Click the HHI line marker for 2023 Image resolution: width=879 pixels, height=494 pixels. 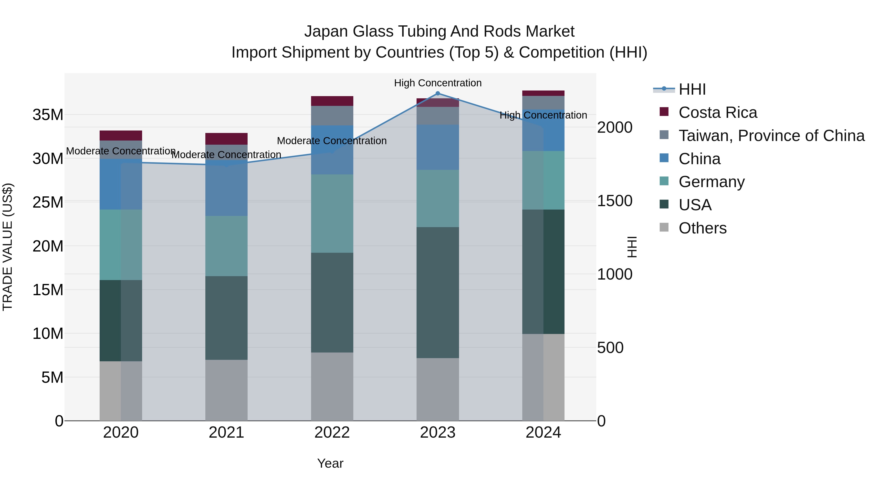coord(438,93)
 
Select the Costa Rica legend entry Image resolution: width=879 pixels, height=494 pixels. coord(718,112)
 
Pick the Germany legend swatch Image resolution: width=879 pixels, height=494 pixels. coord(664,181)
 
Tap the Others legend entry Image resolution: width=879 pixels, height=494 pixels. coord(702,228)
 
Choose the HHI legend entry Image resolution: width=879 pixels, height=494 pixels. coord(692,89)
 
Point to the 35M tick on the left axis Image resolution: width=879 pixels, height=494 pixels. coord(48,115)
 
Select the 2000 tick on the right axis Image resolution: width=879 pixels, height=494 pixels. coord(615,128)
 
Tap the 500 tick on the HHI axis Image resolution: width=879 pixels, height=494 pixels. coord(610,348)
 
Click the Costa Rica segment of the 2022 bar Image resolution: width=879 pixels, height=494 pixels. coord(332,101)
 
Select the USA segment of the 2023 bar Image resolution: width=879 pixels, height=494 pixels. coord(438,292)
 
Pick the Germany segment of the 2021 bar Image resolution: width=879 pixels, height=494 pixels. coord(226,246)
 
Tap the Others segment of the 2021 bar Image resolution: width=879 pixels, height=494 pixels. coord(226,390)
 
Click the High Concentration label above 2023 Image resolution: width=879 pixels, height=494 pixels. coord(438,83)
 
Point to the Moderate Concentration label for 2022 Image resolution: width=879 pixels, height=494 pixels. coord(332,141)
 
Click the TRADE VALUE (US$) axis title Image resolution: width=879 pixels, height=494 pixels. coord(8,247)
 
